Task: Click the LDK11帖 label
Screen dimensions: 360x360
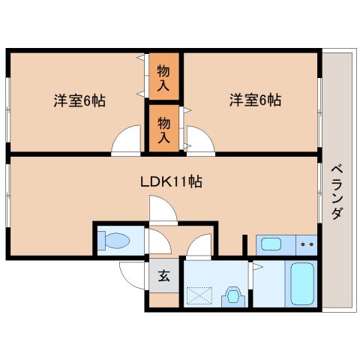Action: tap(171, 181)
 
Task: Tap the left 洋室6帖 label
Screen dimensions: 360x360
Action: tap(79, 100)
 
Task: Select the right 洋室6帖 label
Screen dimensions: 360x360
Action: tap(255, 100)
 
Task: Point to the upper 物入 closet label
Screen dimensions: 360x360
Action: tap(163, 78)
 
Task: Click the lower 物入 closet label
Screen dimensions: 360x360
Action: tap(163, 130)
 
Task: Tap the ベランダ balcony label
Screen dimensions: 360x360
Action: tap(337, 193)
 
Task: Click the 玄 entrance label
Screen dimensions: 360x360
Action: tap(164, 276)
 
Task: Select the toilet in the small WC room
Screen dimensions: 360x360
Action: tap(114, 241)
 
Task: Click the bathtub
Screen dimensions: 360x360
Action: tap(302, 283)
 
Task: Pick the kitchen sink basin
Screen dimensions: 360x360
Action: tap(271, 244)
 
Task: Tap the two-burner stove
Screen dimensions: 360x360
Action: tap(307, 244)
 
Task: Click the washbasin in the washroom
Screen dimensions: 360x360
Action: tap(234, 297)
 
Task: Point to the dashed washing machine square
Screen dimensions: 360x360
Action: tap(199, 295)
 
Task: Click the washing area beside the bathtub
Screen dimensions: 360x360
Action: tap(269, 283)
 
